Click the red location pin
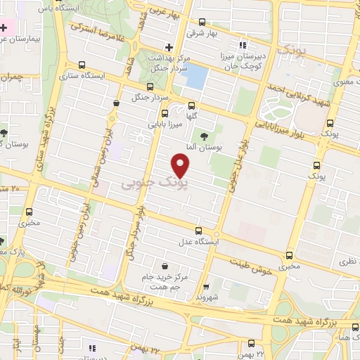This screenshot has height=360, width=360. point(181,165)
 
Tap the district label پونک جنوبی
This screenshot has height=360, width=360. point(155,183)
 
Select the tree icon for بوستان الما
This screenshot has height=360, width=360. point(204,136)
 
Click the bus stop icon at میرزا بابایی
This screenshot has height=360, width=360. point(165,113)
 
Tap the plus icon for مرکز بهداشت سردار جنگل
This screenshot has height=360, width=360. point(168,48)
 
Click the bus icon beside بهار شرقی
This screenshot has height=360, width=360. point(202,22)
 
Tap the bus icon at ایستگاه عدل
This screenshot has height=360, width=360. point(198,231)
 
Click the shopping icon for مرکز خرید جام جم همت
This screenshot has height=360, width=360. point(165,267)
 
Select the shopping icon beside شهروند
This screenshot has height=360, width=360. point(205,287)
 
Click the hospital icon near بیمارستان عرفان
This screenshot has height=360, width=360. point(4,27)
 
